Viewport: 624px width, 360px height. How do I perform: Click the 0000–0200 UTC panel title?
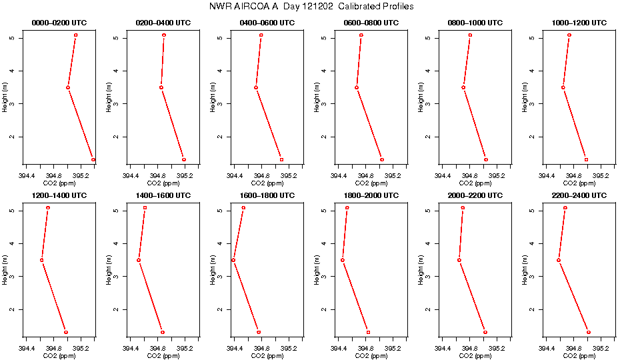[59, 23]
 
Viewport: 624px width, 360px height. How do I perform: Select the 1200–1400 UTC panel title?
[59, 195]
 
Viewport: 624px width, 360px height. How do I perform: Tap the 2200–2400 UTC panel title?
[579, 195]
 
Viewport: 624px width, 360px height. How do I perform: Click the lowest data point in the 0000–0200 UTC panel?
[93, 159]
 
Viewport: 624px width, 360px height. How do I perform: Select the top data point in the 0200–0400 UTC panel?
[164, 35]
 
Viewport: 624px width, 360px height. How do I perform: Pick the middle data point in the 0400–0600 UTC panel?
[256, 87]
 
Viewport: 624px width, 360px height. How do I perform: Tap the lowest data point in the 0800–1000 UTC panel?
[486, 159]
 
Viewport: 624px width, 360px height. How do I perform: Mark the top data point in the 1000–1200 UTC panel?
[569, 35]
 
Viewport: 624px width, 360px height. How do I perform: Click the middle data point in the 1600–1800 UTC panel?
[233, 260]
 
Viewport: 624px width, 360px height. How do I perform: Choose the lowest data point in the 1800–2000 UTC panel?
[368, 332]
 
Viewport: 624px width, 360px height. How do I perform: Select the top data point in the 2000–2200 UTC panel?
[463, 207]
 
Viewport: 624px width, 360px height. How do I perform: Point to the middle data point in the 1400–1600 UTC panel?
[139, 260]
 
